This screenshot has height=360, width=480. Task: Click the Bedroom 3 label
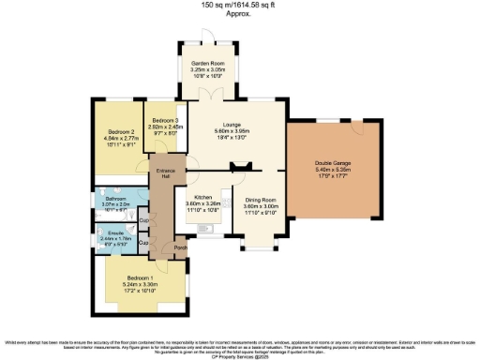coord(166,121)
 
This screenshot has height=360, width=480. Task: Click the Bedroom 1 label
coord(138,278)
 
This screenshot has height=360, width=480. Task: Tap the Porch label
coord(180,248)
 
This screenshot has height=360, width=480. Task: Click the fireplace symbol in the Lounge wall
coord(238,167)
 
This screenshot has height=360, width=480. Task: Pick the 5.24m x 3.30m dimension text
coord(138,285)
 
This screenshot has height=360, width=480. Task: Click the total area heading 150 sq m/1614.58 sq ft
coord(239,5)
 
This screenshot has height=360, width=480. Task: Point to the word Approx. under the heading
coord(239,14)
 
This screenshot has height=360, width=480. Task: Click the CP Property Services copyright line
coord(240,356)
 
